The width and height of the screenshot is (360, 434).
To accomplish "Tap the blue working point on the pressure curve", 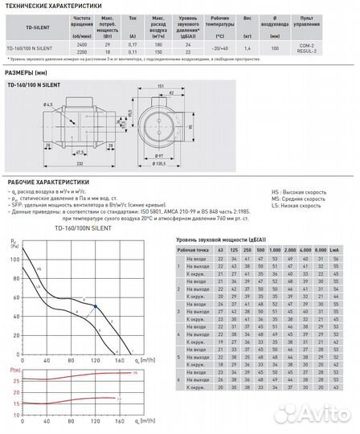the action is [x=96, y=306].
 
